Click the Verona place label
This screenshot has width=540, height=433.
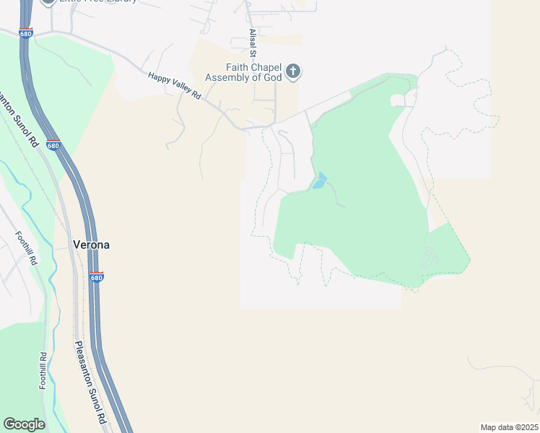pyautogui.click(x=92, y=245)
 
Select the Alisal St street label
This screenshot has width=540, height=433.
pyautogui.click(x=253, y=43)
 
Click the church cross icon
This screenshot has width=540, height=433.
pyautogui.click(x=292, y=71)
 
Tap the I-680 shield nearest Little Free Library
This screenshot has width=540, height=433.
pyautogui.click(x=26, y=33)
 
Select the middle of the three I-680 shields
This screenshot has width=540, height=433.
pyautogui.click(x=53, y=145)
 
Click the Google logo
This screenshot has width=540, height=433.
pyautogui.click(x=25, y=424)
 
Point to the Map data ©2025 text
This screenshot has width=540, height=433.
pyautogui.click(x=509, y=427)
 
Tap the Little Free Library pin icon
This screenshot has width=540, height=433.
pyautogui.click(x=48, y=2)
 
